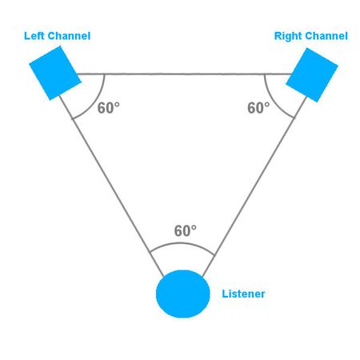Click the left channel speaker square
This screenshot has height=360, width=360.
(55, 73)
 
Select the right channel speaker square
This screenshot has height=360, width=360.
(312, 75)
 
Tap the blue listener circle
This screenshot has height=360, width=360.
(183, 294)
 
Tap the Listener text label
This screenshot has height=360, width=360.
(243, 294)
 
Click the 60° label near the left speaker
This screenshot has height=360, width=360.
(109, 108)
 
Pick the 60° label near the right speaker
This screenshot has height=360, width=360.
(258, 108)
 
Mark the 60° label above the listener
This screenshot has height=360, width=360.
(186, 230)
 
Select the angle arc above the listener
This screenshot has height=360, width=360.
(182, 243)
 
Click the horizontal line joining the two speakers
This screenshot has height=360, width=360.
(184, 74)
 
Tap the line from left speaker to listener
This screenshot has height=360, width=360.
(111, 186)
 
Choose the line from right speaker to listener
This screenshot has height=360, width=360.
(254, 186)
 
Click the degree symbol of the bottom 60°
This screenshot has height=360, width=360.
(194, 227)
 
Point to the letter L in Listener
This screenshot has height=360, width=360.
(225, 294)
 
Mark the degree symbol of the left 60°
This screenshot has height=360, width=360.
(117, 105)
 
